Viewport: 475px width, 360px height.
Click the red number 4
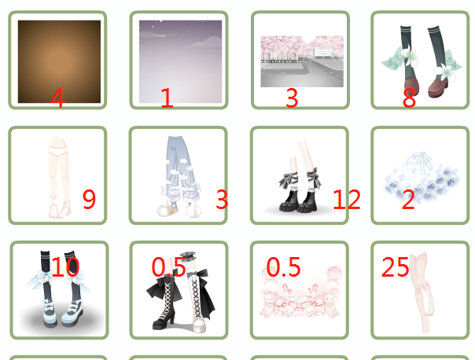click(x=57, y=97)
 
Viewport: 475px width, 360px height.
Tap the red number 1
click(x=167, y=97)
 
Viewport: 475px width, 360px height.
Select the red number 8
click(x=409, y=98)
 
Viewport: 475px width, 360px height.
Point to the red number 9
click(x=89, y=199)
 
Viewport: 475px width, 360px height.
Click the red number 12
click(x=347, y=199)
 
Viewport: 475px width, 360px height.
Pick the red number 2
click(x=408, y=199)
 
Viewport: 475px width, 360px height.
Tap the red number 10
click(x=65, y=266)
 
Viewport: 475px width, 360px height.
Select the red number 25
click(x=395, y=266)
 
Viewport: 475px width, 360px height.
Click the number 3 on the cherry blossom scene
click(x=292, y=98)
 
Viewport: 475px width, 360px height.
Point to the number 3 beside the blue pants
click(x=222, y=199)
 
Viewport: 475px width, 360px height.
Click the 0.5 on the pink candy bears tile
click(x=283, y=266)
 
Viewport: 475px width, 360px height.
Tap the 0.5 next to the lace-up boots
click(x=168, y=266)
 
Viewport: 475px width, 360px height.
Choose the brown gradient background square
click(x=60, y=61)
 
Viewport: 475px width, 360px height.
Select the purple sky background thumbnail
click(x=181, y=61)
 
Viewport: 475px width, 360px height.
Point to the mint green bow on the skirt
click(x=422, y=163)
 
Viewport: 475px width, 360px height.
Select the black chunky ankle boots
click(x=298, y=200)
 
